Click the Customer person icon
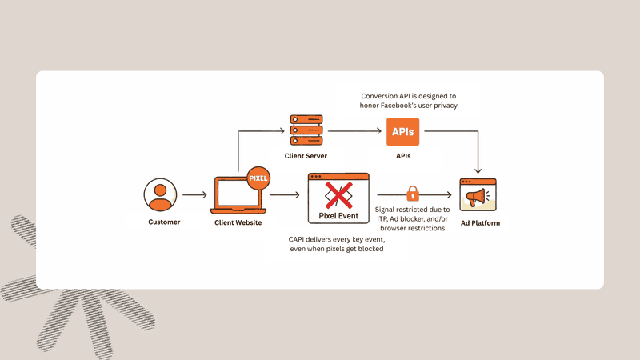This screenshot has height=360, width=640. pyautogui.click(x=160, y=194)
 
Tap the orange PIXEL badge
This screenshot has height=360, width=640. pyautogui.click(x=258, y=178)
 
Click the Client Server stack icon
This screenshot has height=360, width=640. pyautogui.click(x=306, y=129)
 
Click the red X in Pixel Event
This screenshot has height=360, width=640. pyautogui.click(x=338, y=194)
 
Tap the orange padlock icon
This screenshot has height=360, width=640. pyautogui.click(x=413, y=194)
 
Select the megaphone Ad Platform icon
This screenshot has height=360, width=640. pyautogui.click(x=478, y=195)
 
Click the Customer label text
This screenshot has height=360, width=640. pyautogui.click(x=164, y=222)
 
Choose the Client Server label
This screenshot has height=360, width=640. pyautogui.click(x=306, y=155)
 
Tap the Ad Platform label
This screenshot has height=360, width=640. pyautogui.click(x=479, y=223)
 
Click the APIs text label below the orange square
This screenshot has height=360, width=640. pyautogui.click(x=403, y=156)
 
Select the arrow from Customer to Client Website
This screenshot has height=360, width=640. pyautogui.click(x=194, y=194)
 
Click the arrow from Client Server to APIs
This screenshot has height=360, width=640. pyautogui.click(x=354, y=130)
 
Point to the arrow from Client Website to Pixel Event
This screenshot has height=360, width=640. pyautogui.click(x=284, y=194)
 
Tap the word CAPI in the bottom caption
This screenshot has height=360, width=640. pyautogui.click(x=298, y=239)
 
